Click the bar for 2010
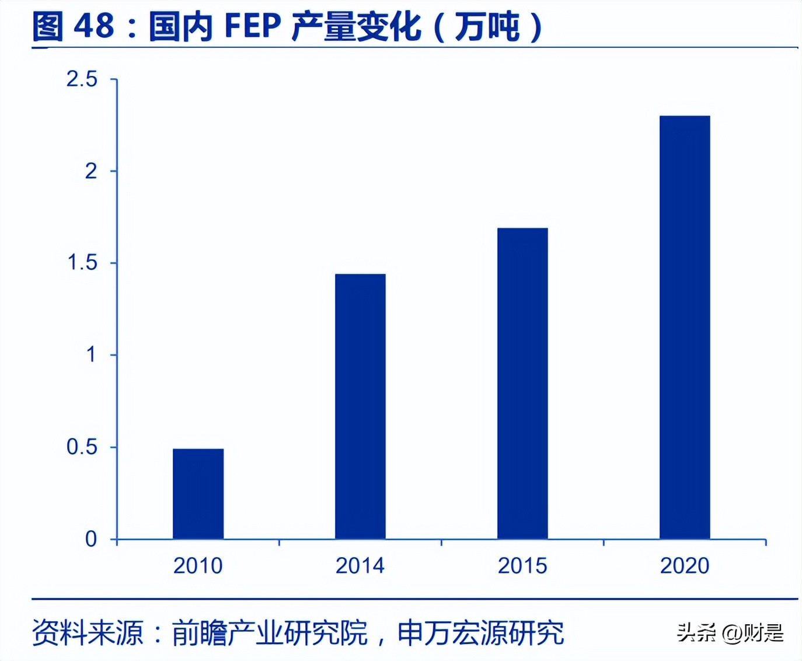pyautogui.click(x=198, y=493)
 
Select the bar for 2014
pyautogui.click(x=360, y=406)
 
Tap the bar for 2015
pyautogui.click(x=522, y=383)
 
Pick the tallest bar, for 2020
pyautogui.click(x=685, y=327)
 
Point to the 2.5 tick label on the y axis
pyautogui.click(x=82, y=79)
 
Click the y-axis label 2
pyautogui.click(x=91, y=171)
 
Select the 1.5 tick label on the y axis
pyautogui.click(x=82, y=263)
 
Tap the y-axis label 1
pyautogui.click(x=91, y=354)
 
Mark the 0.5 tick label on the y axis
pyautogui.click(x=82, y=447)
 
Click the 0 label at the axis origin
pyautogui.click(x=91, y=538)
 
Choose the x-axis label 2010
pyautogui.click(x=198, y=565)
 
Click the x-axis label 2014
pyautogui.click(x=360, y=565)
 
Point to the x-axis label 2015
pyautogui.click(x=522, y=565)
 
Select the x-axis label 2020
pyautogui.click(x=685, y=565)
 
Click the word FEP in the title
pyautogui.click(x=253, y=26)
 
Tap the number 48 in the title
pyautogui.click(x=94, y=26)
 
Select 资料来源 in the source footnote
pyautogui.click(x=88, y=633)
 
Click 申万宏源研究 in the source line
pyautogui.click(x=481, y=633)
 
